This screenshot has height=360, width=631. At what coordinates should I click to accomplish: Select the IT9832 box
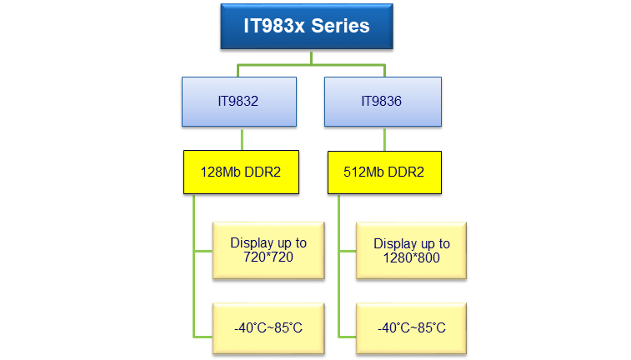(238, 101)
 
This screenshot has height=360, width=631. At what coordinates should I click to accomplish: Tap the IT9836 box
(382, 101)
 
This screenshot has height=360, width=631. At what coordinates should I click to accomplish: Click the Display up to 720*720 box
(268, 249)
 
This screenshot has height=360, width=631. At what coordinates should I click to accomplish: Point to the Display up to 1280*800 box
(412, 249)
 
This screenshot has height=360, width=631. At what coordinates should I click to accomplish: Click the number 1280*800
(412, 257)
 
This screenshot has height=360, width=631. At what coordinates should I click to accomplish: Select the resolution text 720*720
(268, 257)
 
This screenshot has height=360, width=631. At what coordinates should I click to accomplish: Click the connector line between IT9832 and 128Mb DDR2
(242, 139)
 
